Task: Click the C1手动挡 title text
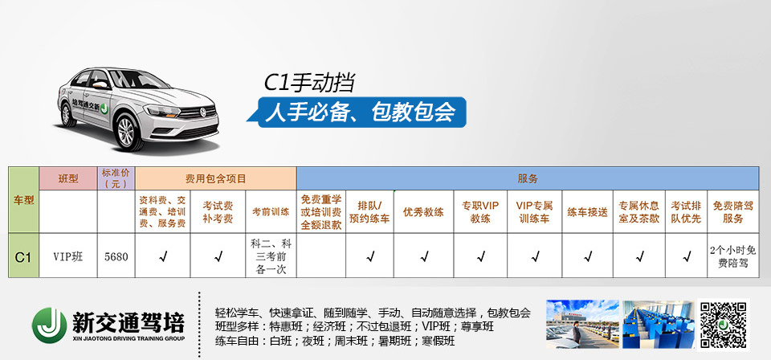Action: point(308,83)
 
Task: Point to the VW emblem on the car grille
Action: point(202,112)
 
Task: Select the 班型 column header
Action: point(67,178)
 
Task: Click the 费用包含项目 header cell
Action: point(216,178)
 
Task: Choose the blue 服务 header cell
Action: point(527,178)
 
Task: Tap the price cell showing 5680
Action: point(116,256)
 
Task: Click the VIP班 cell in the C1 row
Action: point(67,256)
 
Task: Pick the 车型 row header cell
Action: point(23,200)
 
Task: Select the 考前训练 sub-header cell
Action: point(271,212)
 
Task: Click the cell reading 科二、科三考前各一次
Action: point(271,256)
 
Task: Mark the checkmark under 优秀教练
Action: point(424,256)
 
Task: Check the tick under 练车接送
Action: point(588,256)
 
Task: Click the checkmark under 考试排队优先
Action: point(687,256)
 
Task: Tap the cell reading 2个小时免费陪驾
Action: point(732,256)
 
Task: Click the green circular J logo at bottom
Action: point(49,325)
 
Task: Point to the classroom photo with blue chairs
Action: point(658,324)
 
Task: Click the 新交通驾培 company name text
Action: point(128,322)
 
